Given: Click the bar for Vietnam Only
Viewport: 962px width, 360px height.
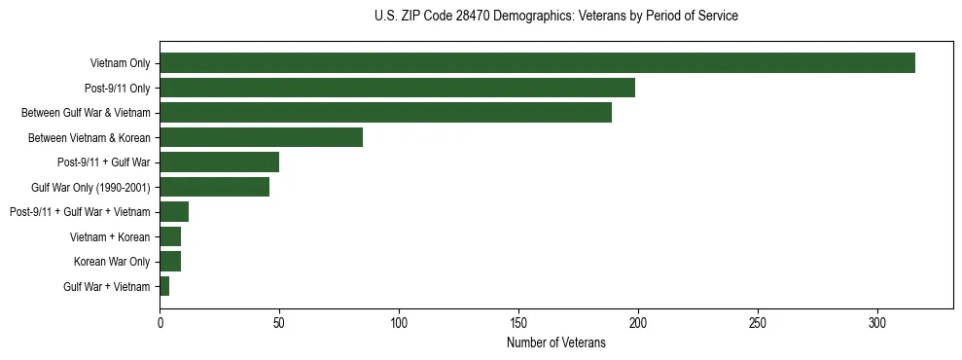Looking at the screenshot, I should click(x=537, y=63).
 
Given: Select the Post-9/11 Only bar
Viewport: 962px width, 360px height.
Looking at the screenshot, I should click(x=397, y=88).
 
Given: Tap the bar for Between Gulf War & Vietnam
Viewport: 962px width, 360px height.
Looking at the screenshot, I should click(x=385, y=113).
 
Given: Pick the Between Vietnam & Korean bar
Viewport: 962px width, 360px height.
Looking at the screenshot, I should click(x=261, y=137).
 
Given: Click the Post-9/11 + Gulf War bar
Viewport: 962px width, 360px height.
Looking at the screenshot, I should click(x=219, y=162).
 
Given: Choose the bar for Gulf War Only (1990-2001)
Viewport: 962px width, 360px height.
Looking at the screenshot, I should click(x=214, y=187).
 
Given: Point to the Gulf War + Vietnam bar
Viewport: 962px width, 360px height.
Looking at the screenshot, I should click(x=164, y=286).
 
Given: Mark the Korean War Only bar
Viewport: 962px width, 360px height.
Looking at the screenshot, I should click(x=170, y=261).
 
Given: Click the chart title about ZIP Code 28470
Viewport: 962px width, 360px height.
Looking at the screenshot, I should click(x=555, y=17).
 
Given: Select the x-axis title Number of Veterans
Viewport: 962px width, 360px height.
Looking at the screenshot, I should click(x=555, y=343).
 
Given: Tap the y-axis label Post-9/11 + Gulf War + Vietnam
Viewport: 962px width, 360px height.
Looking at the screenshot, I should click(x=80, y=212).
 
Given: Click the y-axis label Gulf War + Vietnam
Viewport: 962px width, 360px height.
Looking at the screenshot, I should click(x=106, y=286).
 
